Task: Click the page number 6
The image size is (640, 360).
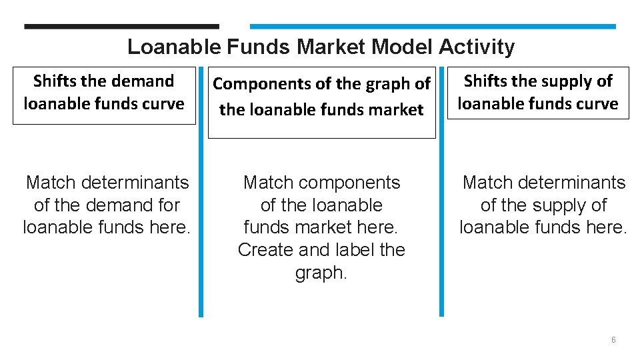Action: (613, 340)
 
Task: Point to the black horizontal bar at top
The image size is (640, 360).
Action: (121, 27)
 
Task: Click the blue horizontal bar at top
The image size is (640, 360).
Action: (433, 27)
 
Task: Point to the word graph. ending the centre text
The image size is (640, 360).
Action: (321, 273)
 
